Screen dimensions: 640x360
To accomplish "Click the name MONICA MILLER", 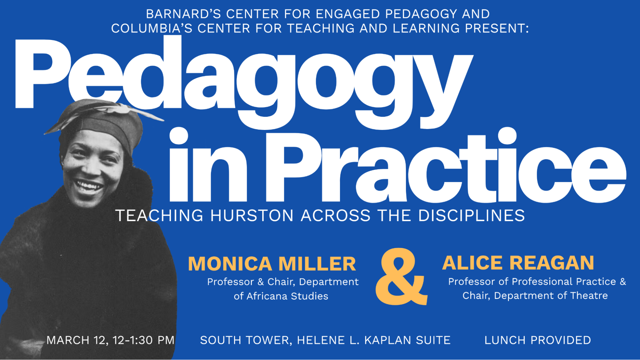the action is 272,264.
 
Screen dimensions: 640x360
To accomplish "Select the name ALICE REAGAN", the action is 518,263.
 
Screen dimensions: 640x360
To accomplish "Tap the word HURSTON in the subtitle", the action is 252,215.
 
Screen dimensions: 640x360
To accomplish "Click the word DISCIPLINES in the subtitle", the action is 471,215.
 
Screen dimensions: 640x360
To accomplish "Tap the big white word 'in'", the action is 208,165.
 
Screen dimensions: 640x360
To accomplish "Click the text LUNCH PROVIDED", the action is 538,340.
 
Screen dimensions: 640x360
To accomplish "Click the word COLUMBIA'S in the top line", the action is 152,28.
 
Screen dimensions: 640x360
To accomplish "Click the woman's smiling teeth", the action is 88,186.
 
